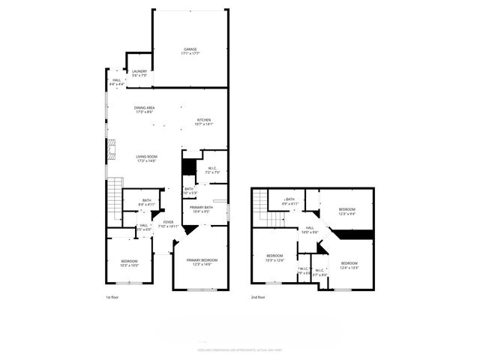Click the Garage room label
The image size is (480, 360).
point(190,51)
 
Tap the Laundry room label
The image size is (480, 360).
point(139,73)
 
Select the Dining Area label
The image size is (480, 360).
point(145,109)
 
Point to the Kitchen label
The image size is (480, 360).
point(204,121)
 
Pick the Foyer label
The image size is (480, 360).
point(169,223)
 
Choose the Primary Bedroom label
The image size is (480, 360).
point(199,262)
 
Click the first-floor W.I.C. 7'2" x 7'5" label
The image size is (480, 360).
point(212,170)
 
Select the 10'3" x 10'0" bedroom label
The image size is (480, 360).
point(129,262)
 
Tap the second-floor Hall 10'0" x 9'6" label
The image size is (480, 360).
point(309,230)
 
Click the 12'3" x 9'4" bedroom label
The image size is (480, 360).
point(346,211)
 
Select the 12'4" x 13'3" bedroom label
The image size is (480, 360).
point(349,265)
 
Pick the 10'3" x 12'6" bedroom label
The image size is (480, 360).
point(275,258)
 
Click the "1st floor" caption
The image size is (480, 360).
point(113,298)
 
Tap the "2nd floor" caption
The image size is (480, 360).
point(259,298)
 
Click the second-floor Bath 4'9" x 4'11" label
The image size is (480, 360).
point(289,201)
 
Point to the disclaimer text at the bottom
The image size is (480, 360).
point(239,349)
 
